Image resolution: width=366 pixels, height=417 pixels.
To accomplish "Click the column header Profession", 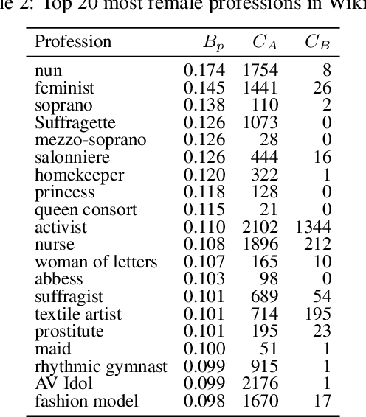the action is [73, 42].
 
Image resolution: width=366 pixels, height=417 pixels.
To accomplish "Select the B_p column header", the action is [213, 42].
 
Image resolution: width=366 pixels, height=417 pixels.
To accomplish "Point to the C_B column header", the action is [317, 42].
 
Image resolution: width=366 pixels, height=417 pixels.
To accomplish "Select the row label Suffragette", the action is [70, 122].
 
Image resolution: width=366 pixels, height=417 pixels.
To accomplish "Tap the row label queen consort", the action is [86, 209].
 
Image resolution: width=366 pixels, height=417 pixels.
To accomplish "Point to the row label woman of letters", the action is [96, 262].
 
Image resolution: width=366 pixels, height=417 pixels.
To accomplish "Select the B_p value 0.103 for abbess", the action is [203, 279].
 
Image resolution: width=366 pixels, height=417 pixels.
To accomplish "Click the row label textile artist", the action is [78, 315].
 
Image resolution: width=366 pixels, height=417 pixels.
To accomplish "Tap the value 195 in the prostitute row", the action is [265, 332].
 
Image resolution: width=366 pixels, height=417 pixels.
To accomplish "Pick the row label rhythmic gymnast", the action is [101, 366].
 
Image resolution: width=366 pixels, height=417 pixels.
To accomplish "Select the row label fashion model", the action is [86, 402].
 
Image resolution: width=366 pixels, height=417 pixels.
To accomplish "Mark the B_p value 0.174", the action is [203, 71].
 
